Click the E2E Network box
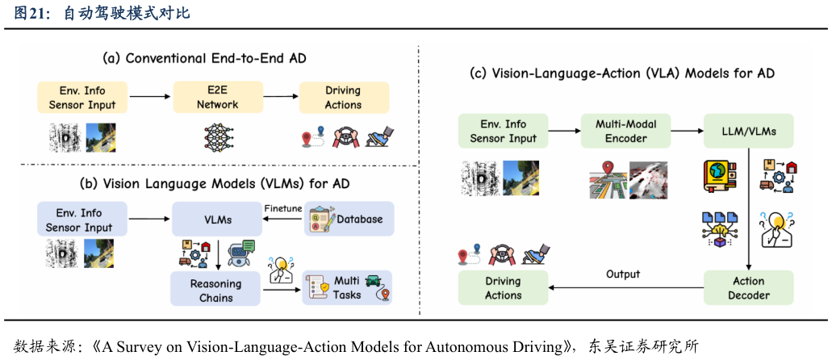pos(219,97)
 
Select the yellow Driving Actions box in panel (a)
pos(343,97)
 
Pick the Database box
pos(348,219)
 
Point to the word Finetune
pos(282,208)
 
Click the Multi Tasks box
pos(346,287)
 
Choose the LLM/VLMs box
pos(748,131)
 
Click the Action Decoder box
pos(748,288)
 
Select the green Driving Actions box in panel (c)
pos(503,288)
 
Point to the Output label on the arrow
pos(622,274)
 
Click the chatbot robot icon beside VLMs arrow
pos(241,253)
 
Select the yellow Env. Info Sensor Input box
pos(82,97)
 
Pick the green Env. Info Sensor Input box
pos(503,131)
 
